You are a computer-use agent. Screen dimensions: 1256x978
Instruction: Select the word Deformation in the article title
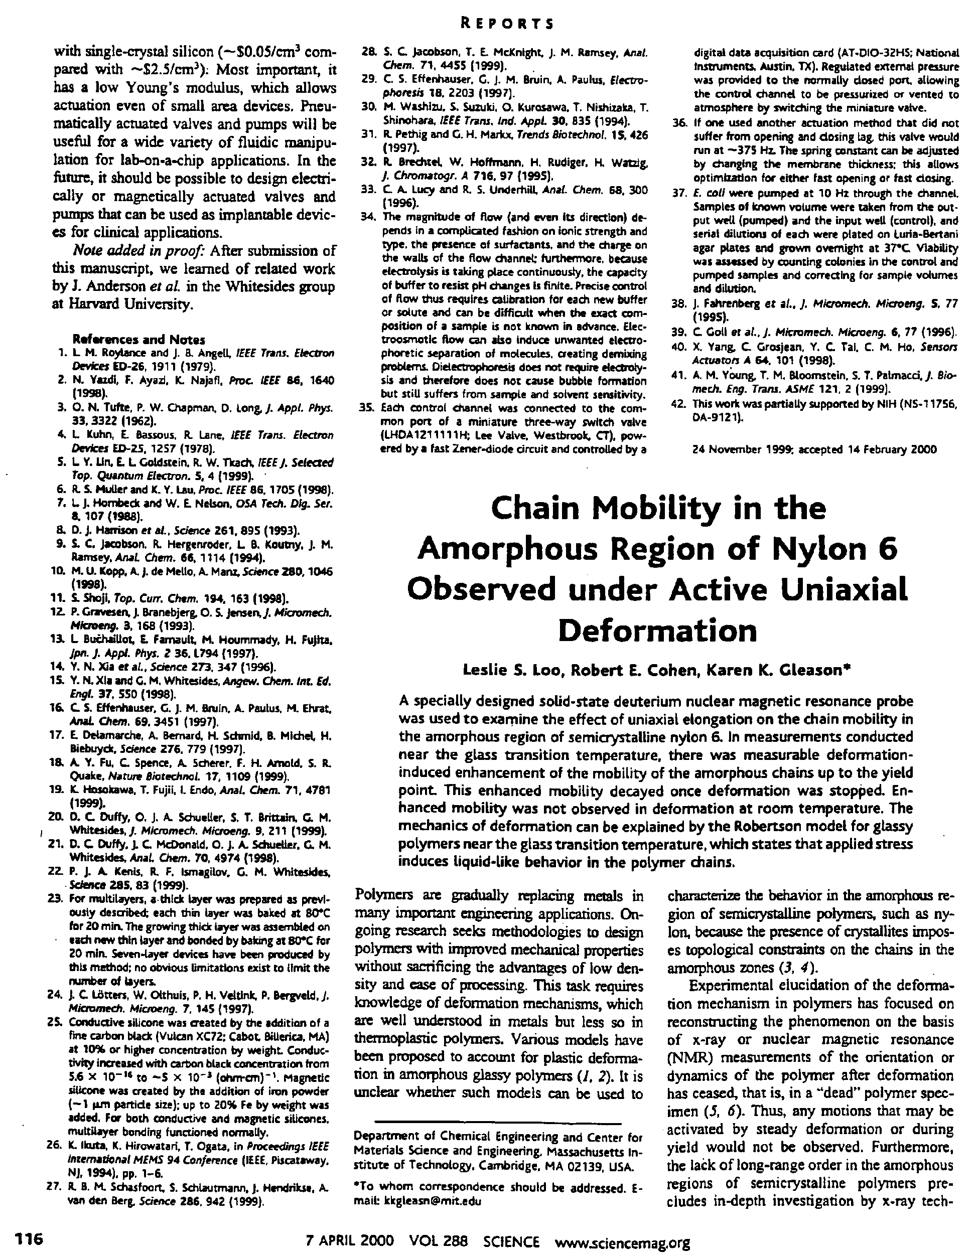click(657, 631)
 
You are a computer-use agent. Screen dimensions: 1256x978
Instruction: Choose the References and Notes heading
click(138, 339)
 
